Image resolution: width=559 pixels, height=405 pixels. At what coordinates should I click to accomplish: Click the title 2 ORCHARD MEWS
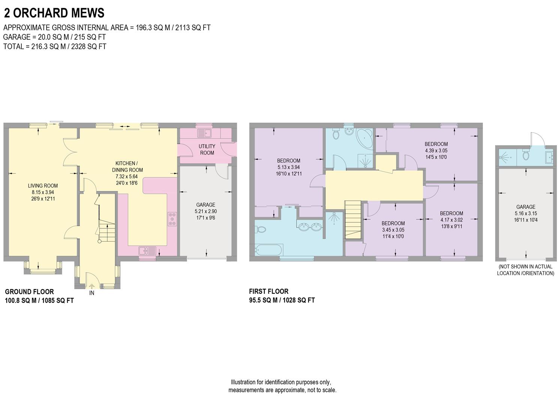pos(54,13)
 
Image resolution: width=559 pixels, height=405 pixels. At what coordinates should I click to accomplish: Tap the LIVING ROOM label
pos(43,186)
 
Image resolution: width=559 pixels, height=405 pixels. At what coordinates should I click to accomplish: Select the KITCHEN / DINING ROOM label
pos(127,166)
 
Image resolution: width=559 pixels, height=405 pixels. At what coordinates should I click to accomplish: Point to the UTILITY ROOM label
pos(207,149)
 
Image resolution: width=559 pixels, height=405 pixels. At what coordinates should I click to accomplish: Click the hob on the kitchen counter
pos(173,219)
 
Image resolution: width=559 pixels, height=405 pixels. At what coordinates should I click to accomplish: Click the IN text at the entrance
pos(92,293)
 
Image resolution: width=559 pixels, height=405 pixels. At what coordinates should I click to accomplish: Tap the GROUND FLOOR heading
pos(29,291)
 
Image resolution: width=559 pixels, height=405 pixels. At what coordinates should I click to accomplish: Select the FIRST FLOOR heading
pos(269,291)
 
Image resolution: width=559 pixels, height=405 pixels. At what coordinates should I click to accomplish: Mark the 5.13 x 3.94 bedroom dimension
pos(288,167)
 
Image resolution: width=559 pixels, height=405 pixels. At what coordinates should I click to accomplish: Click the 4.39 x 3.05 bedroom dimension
pos(436,150)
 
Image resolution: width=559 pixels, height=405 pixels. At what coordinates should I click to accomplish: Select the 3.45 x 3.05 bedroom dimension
pos(393,230)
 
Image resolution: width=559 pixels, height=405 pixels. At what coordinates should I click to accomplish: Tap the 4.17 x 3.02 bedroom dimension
pos(451,220)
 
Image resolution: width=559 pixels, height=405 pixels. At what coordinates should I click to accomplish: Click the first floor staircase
pos(353,219)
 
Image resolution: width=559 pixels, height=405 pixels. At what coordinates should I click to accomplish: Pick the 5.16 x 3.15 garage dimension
pos(525,213)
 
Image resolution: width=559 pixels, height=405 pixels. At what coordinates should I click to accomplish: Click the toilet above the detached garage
pos(525,155)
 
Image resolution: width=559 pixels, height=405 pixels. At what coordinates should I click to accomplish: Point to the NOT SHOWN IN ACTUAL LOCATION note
pos(525,270)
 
